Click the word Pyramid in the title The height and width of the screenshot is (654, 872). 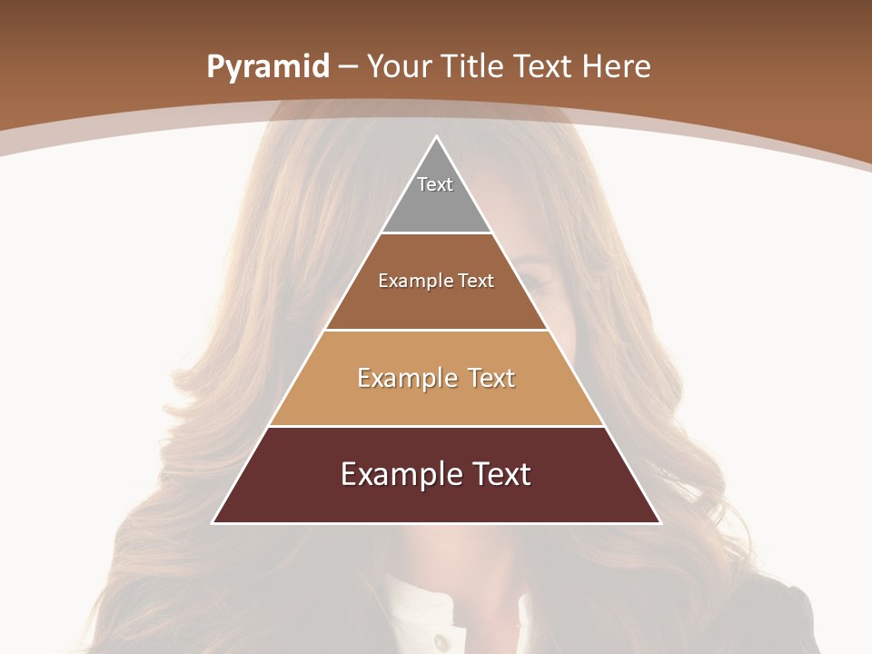click(267, 67)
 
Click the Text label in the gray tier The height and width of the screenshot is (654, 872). click(435, 184)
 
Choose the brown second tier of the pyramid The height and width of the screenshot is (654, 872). click(436, 304)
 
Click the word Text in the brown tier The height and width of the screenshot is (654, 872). click(475, 281)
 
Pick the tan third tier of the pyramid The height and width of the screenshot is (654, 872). click(436, 400)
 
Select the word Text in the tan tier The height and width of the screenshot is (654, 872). click(488, 378)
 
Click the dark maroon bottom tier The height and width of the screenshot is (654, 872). click(436, 500)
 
